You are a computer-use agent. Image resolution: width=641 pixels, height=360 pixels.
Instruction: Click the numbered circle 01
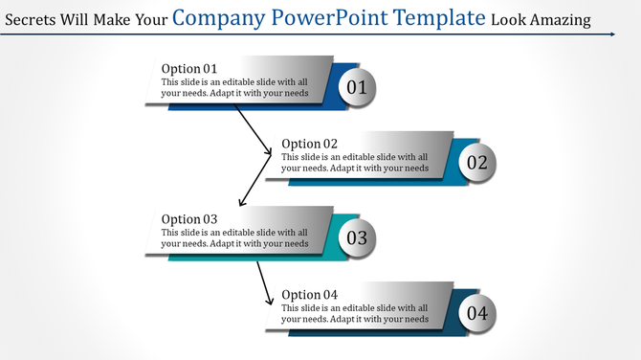tap(356, 87)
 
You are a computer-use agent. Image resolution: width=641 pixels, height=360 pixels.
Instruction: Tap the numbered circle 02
tap(476, 162)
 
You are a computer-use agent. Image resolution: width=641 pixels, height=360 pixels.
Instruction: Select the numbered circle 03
tap(356, 237)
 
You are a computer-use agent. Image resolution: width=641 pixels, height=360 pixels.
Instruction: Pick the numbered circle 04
tap(476, 312)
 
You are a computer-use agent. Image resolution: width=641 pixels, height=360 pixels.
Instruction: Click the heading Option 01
tap(189, 69)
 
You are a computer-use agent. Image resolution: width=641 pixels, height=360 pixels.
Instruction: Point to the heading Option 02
tap(309, 144)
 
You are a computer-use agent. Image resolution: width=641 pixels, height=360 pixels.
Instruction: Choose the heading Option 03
tap(189, 219)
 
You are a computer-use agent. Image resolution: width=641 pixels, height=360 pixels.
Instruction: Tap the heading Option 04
tap(309, 294)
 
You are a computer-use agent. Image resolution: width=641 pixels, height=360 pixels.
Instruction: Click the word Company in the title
tap(218, 18)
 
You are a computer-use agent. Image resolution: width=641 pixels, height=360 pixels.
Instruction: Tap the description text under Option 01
tap(235, 88)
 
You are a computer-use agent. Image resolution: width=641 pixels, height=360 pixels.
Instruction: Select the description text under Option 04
tap(355, 313)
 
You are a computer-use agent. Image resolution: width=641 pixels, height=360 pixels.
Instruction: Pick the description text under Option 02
tap(355, 163)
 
